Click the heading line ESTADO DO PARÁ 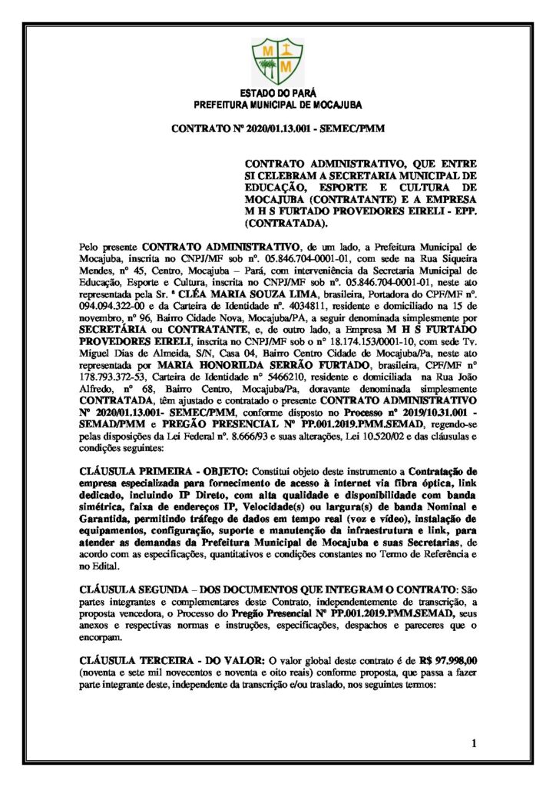277,92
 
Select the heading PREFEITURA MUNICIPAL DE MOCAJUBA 277,104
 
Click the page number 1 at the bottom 475,742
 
